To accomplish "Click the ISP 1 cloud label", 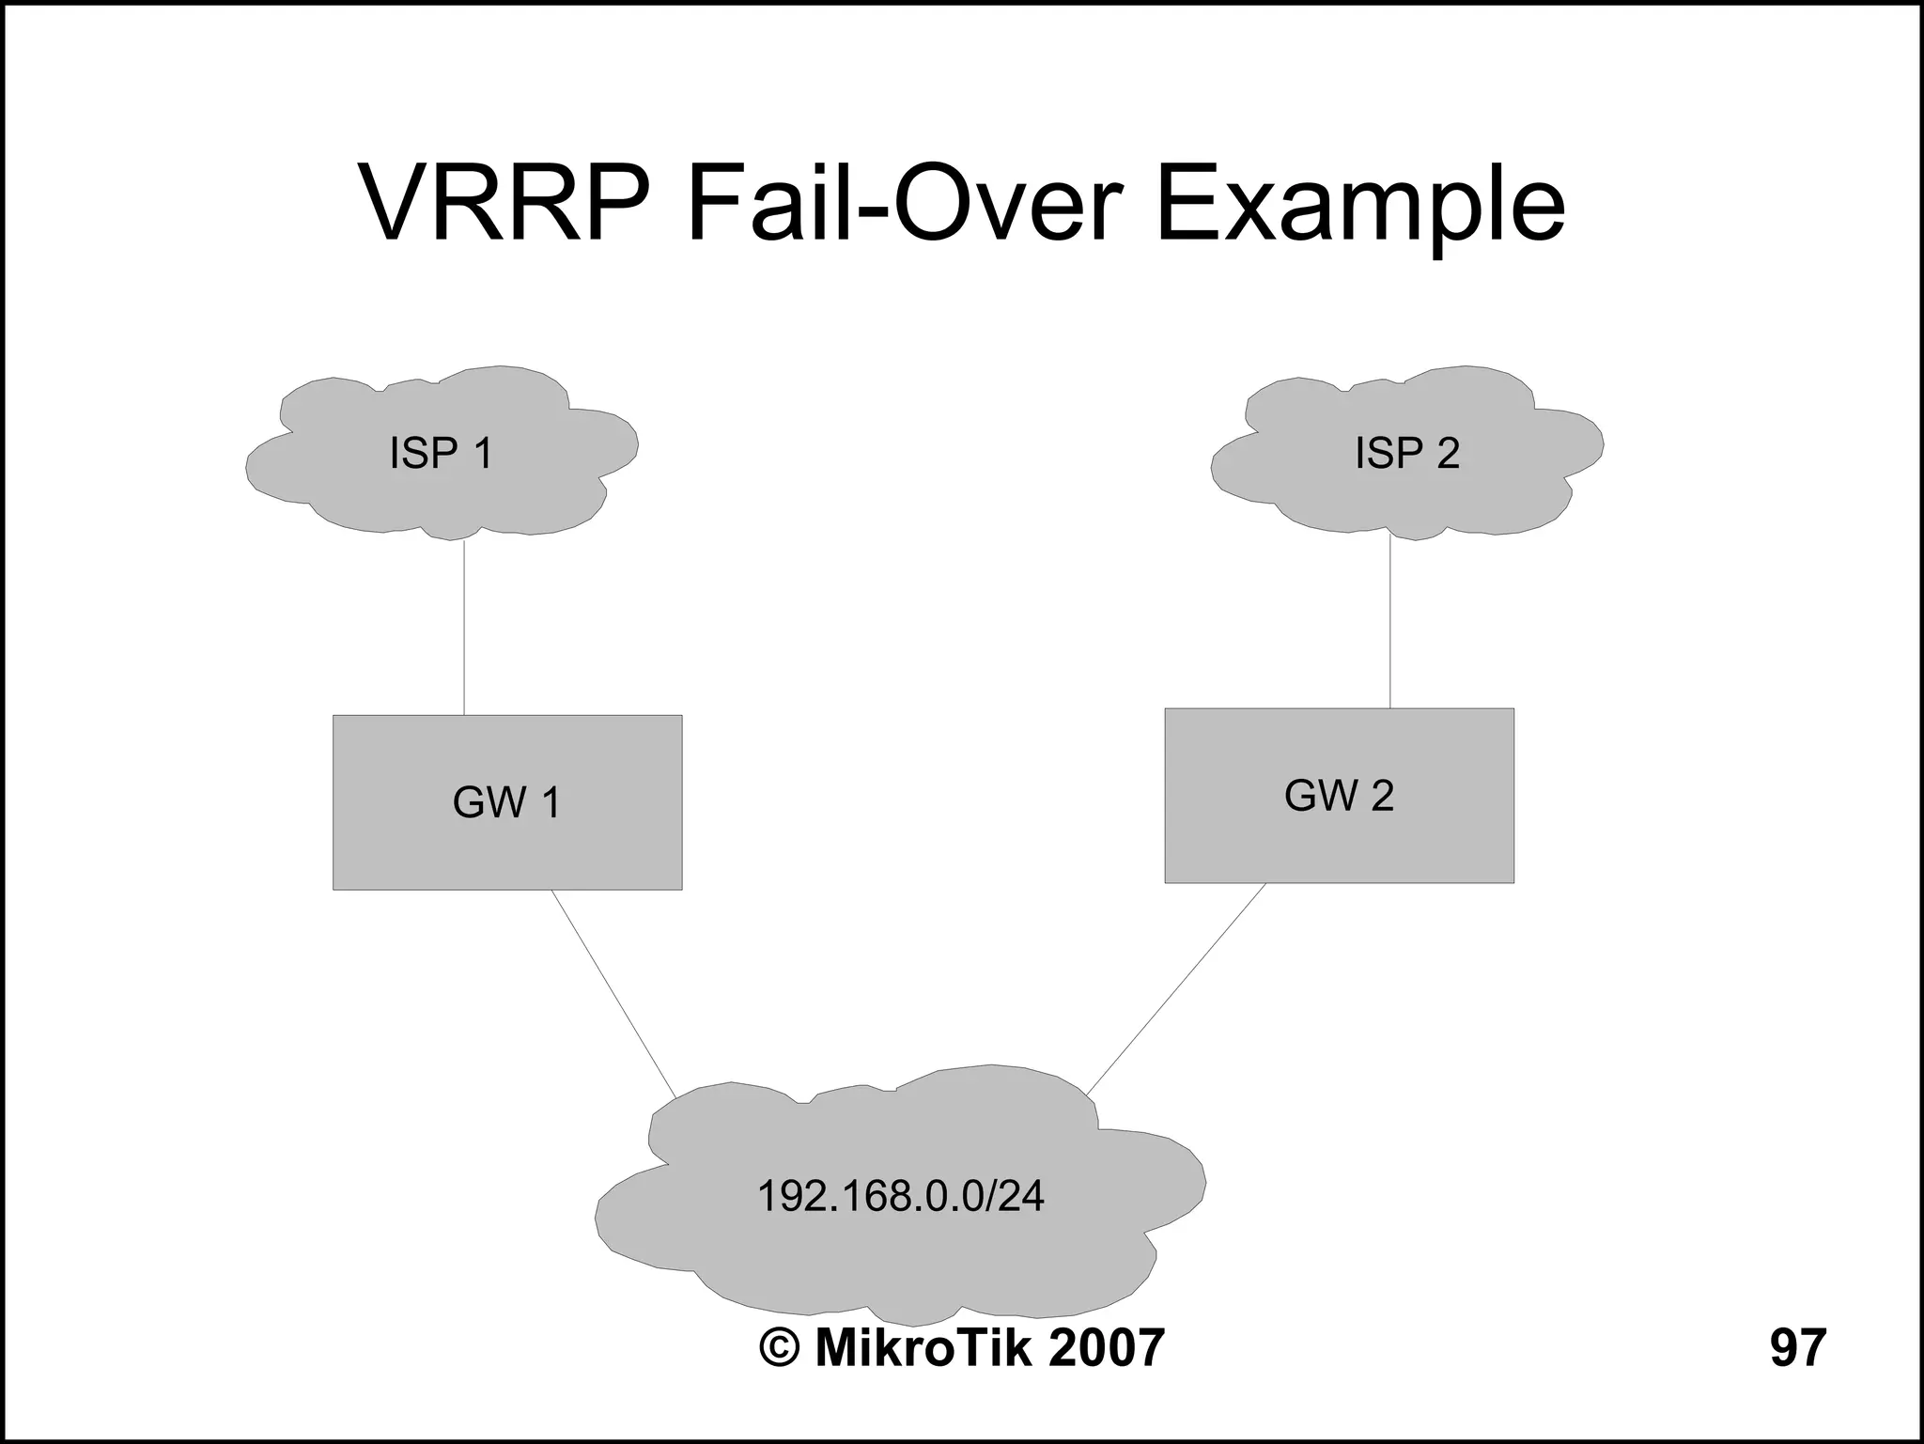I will tap(441, 453).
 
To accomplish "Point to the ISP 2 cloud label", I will tap(1406, 453).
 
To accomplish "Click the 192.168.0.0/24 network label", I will tap(900, 1196).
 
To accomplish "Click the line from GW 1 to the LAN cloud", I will tap(613, 992).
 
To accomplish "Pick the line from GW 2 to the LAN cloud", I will tap(1176, 988).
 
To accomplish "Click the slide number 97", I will tap(1797, 1347).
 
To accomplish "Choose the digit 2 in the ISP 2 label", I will tap(1447, 453).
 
